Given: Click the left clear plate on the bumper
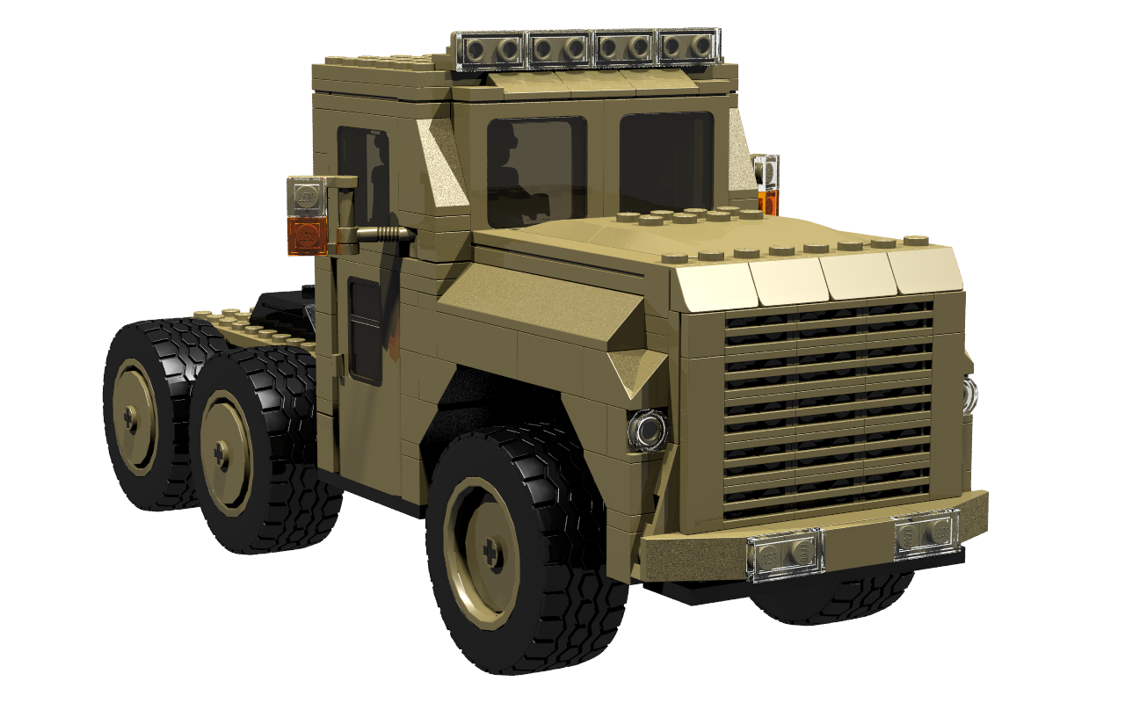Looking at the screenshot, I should click(x=785, y=554).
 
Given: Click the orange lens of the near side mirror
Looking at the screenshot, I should click(x=306, y=236).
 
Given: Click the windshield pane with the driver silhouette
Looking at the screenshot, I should click(x=536, y=171).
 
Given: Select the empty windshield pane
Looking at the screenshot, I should click(x=666, y=158).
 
